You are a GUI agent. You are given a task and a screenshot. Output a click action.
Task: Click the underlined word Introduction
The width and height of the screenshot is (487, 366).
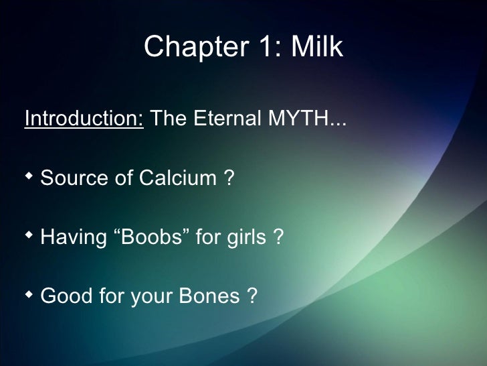84,119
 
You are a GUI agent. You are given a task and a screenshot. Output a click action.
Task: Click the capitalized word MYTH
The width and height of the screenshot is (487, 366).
297,119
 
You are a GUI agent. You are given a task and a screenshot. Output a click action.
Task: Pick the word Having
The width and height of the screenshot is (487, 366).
74,237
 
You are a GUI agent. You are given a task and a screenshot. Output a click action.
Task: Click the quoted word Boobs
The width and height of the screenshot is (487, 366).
153,237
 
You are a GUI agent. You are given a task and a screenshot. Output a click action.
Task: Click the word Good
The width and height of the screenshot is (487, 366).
67,296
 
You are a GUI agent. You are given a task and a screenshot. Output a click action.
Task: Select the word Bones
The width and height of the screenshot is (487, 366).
204,296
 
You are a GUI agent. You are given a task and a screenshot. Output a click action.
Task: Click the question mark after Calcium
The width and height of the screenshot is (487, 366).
228,178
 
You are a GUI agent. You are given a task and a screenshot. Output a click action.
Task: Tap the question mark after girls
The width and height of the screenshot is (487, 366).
278,237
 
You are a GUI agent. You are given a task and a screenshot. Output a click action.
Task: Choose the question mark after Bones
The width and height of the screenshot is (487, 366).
252,296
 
